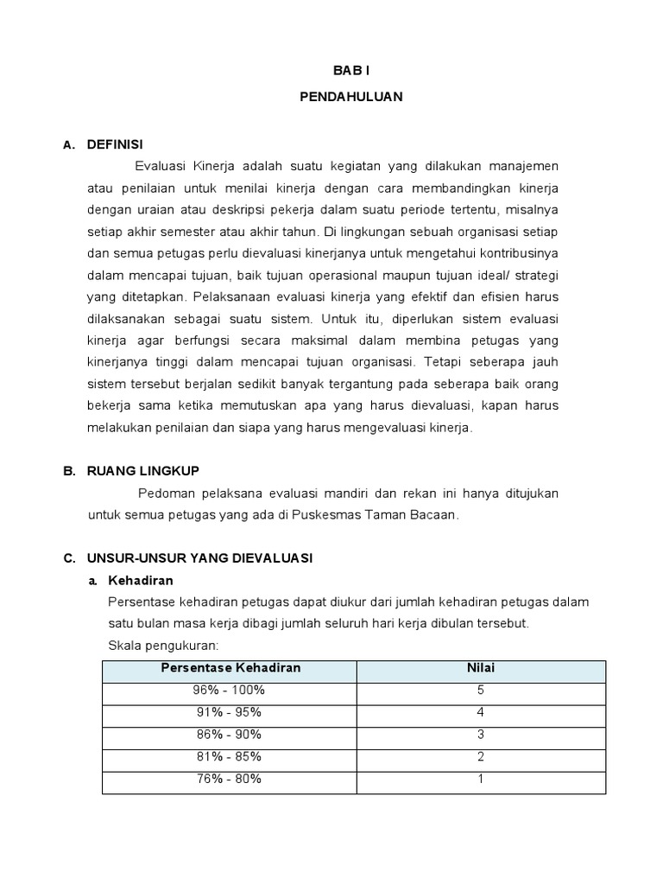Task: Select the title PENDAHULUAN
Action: (350, 98)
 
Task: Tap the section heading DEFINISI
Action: (115, 143)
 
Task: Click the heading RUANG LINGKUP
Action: (142, 470)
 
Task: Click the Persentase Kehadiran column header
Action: (230, 668)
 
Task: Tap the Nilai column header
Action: (481, 668)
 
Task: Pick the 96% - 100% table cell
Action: (230, 690)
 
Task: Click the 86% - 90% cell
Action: (230, 734)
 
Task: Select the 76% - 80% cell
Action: (230, 779)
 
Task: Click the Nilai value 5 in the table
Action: (481, 690)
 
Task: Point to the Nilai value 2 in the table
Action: (481, 756)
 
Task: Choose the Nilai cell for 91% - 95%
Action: (481, 712)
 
